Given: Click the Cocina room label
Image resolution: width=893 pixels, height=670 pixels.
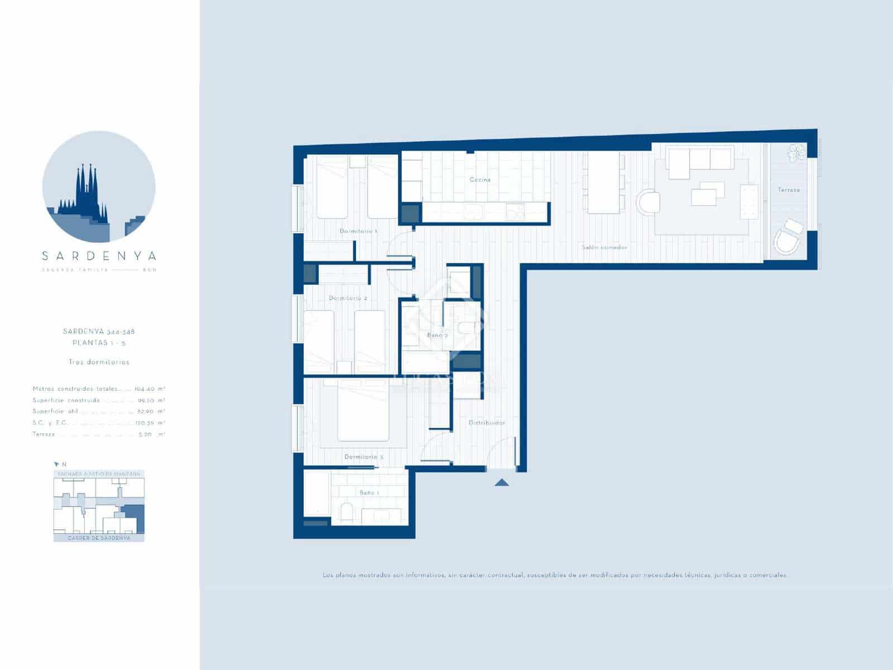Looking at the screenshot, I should coord(480,180).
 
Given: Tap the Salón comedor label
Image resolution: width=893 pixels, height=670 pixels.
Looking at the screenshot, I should coord(604,247).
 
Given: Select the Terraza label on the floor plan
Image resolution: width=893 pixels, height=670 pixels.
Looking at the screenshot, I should coord(789,190).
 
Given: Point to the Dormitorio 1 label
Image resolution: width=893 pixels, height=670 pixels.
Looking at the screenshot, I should coord(359,231).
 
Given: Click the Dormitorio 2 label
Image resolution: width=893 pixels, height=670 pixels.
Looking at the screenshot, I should coord(348,298).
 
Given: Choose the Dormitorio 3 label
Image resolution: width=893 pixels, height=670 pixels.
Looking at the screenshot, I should coord(364,457).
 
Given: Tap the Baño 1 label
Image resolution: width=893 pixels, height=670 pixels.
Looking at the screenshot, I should coord(369,492).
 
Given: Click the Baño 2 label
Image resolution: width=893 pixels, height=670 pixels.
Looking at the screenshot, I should coord(438,335).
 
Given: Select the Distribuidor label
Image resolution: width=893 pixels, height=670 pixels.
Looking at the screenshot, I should coord(487,423).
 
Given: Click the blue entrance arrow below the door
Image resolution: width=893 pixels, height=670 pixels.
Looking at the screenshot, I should coord(502,482).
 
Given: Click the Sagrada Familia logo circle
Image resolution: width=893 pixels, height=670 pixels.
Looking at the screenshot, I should coord(99,187).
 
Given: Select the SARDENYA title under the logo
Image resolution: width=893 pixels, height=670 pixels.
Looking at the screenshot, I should coord(99,256).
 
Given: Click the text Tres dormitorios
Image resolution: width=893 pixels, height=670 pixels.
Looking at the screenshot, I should coord(99,362).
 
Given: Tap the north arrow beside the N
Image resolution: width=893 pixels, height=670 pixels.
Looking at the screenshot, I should coord(56,464).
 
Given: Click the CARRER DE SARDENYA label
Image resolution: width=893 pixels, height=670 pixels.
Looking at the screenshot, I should coord(99,538).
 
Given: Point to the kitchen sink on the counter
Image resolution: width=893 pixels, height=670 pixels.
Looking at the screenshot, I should coord(475,212).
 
